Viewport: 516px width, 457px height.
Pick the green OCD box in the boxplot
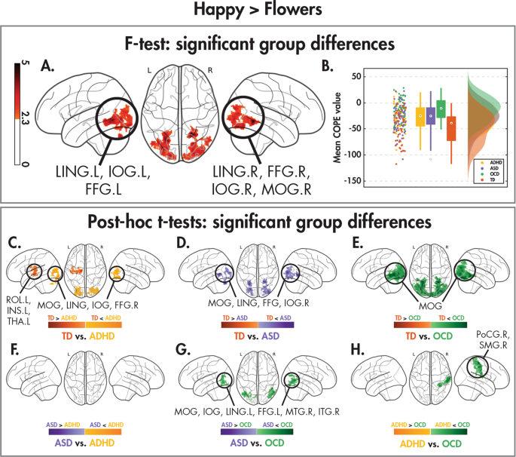[x=441, y=110]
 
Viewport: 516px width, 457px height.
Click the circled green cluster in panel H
[x=476, y=367]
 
